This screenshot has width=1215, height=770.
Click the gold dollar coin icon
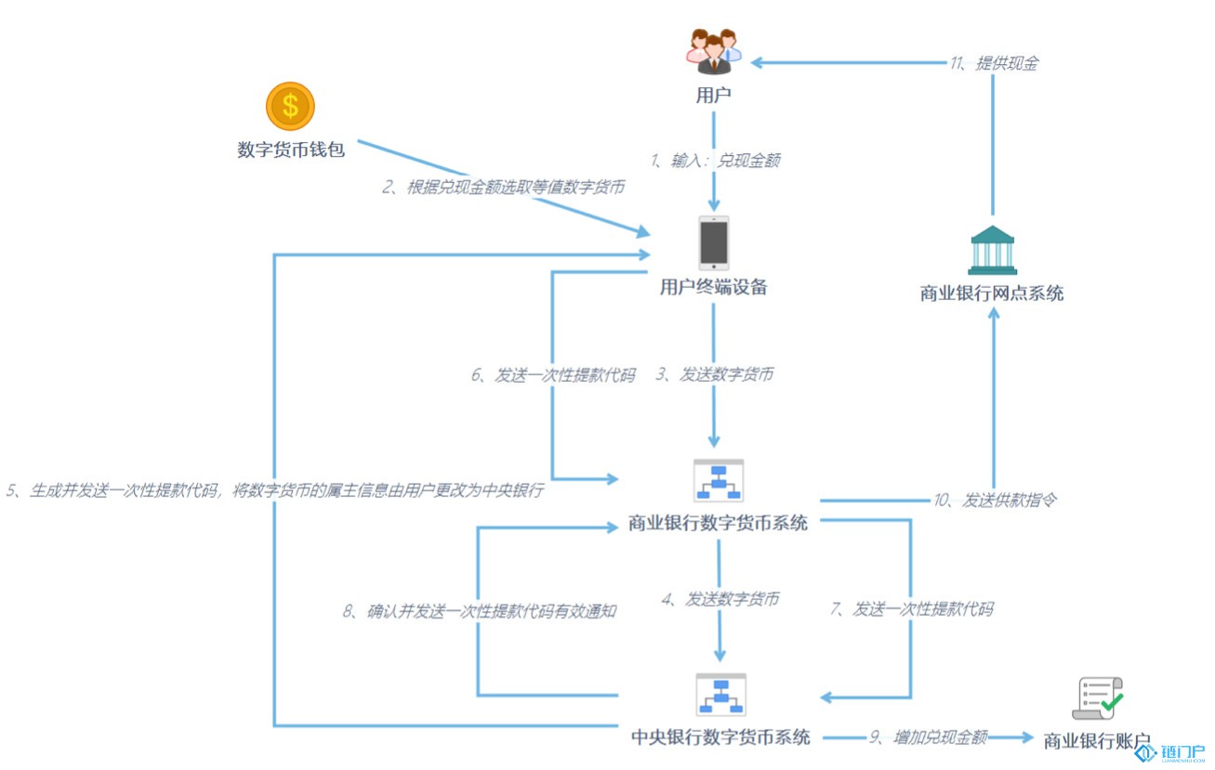pyautogui.click(x=290, y=106)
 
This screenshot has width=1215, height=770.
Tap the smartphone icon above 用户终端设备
pyautogui.click(x=713, y=243)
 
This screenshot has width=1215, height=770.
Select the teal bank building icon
pyautogui.click(x=993, y=251)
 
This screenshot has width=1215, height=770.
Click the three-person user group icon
pyautogui.click(x=714, y=51)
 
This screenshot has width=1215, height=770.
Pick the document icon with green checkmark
pyautogui.click(x=1097, y=698)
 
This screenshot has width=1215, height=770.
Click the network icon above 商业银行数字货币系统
pyautogui.click(x=719, y=480)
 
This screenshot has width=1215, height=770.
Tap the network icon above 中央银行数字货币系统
pyautogui.click(x=720, y=695)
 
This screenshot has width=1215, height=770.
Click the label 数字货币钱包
pyautogui.click(x=291, y=150)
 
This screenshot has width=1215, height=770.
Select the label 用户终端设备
pyautogui.click(x=713, y=287)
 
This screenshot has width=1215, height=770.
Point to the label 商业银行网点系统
pyautogui.click(x=992, y=294)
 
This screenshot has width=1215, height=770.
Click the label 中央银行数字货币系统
pyautogui.click(x=720, y=737)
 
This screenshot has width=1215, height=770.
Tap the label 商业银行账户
pyautogui.click(x=1097, y=740)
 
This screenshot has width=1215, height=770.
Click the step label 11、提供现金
pyautogui.click(x=995, y=63)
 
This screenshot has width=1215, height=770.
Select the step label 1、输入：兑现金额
pyautogui.click(x=716, y=161)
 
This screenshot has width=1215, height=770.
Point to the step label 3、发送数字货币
pyautogui.click(x=715, y=374)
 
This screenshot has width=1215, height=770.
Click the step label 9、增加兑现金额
pyautogui.click(x=928, y=737)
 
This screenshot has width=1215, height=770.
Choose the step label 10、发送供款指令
pyautogui.click(x=995, y=500)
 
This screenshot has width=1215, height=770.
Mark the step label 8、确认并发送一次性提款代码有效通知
pyautogui.click(x=480, y=611)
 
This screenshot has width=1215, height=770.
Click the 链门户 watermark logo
pyautogui.click(x=1169, y=752)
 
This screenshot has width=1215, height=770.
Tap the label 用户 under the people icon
pyautogui.click(x=713, y=96)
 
